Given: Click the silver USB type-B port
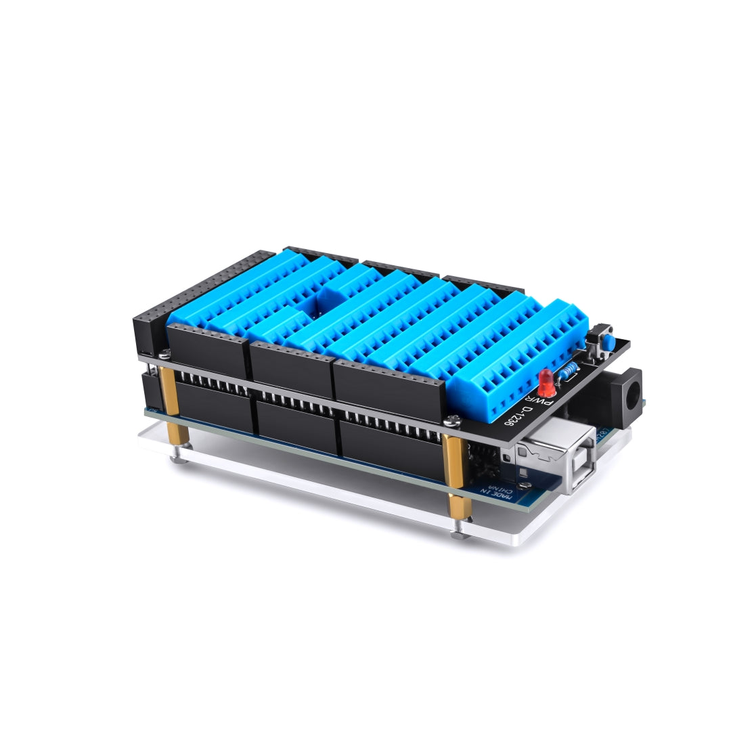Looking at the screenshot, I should click(x=556, y=455).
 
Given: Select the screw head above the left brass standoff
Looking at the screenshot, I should click(x=164, y=352).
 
